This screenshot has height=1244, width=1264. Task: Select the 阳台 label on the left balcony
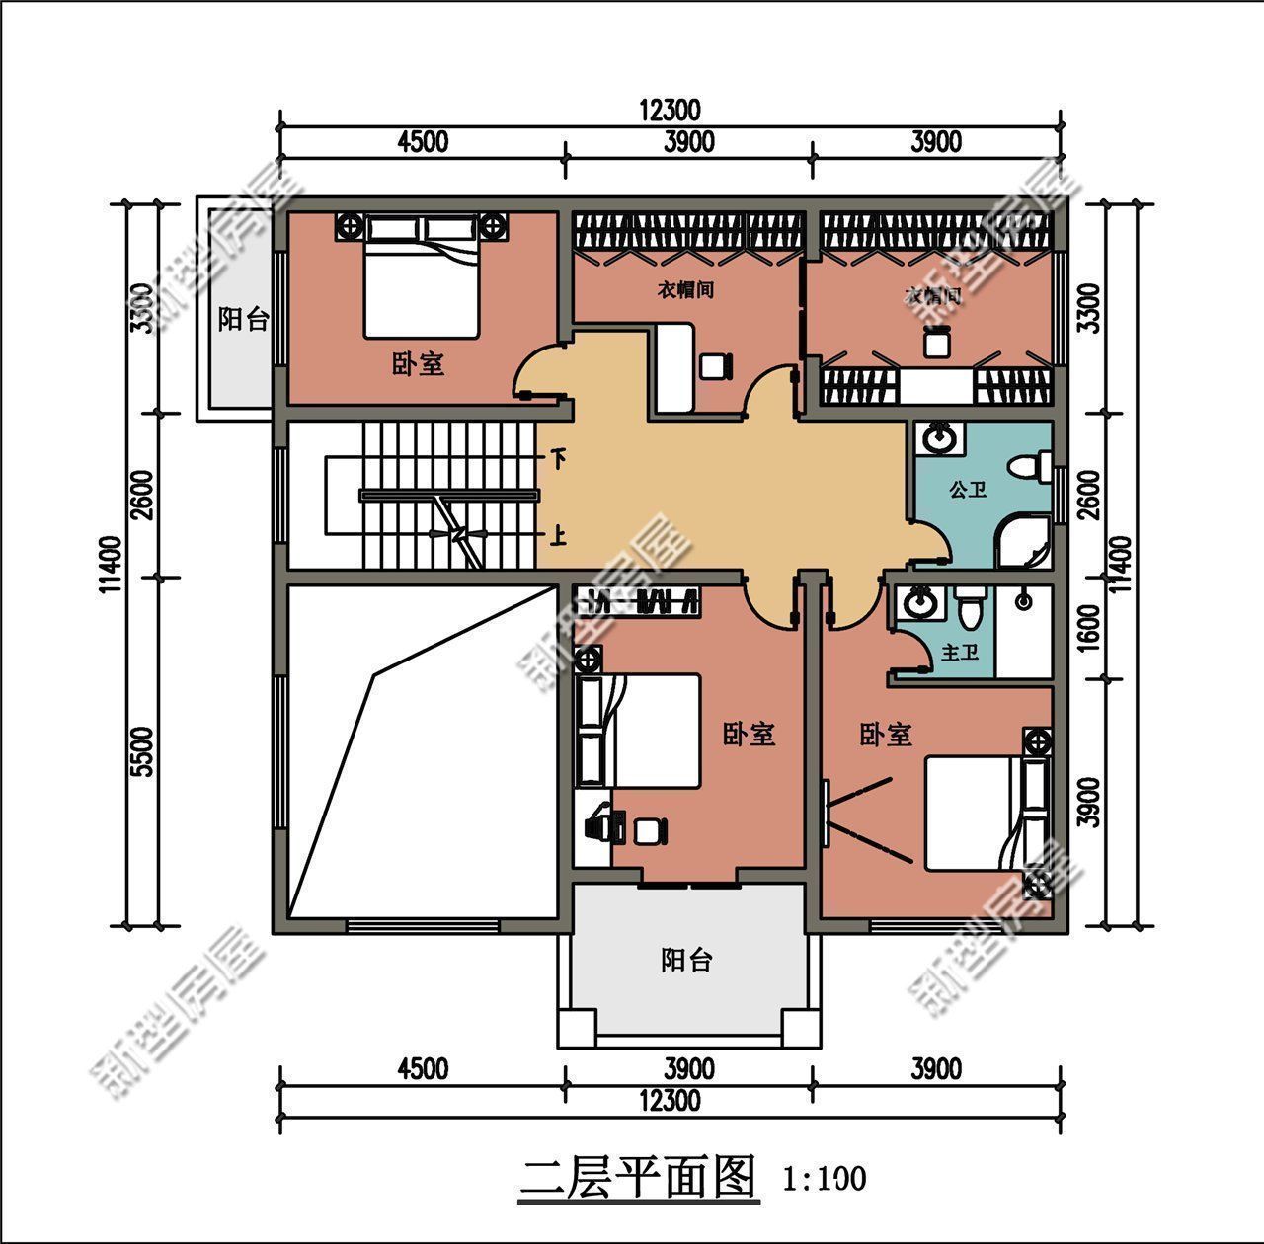(243, 319)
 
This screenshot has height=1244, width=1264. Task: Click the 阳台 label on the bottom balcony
(686, 960)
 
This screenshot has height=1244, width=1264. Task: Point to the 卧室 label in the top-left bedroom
(418, 364)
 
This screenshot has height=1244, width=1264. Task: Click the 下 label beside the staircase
(559, 459)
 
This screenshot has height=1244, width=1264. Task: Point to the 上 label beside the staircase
(559, 536)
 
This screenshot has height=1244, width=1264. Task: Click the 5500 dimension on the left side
(143, 752)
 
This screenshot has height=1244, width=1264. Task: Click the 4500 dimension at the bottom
(422, 1069)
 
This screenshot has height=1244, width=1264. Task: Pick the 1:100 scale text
(824, 1178)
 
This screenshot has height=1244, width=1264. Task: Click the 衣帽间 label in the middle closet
(685, 290)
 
